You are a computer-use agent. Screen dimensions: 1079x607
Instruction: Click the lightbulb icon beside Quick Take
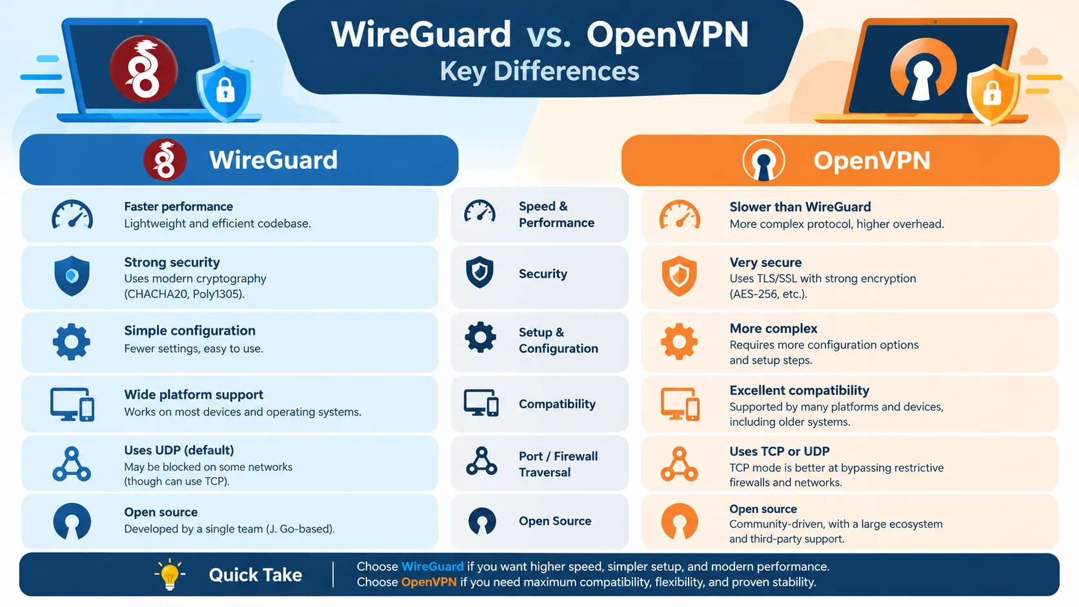coord(170,574)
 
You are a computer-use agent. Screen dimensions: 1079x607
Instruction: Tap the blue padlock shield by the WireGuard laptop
coord(224,90)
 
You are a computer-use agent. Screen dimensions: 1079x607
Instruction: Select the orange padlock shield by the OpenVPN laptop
coord(993,94)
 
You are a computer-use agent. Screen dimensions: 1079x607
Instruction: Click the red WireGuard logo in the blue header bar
coord(165,160)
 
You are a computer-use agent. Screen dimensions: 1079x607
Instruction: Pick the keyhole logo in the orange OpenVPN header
coord(763,160)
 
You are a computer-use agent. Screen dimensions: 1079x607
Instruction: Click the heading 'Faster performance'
coord(178,206)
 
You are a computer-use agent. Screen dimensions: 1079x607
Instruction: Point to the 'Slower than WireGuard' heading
coord(800,207)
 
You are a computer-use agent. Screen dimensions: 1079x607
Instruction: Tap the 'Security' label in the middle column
coord(543,274)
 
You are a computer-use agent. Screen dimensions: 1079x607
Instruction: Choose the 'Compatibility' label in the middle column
coord(557,404)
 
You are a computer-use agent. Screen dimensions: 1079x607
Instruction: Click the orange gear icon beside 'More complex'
coord(679,342)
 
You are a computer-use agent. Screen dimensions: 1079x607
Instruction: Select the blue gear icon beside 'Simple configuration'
coord(71,342)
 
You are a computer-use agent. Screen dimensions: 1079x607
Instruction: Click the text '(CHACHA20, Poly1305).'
coord(185,294)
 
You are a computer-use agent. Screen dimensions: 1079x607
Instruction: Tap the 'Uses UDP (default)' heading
coord(179,450)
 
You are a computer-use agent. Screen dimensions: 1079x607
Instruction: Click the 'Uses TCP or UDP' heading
coord(780,452)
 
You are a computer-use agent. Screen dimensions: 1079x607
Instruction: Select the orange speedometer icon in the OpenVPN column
coord(680,215)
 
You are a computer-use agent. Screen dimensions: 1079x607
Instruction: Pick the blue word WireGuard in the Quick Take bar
coord(432,566)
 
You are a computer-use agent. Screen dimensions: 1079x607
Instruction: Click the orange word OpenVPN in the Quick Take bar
coord(429,582)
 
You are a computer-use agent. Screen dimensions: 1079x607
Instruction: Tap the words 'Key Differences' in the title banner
coord(539,71)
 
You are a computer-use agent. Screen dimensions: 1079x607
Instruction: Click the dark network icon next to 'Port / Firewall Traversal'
coord(481,462)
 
